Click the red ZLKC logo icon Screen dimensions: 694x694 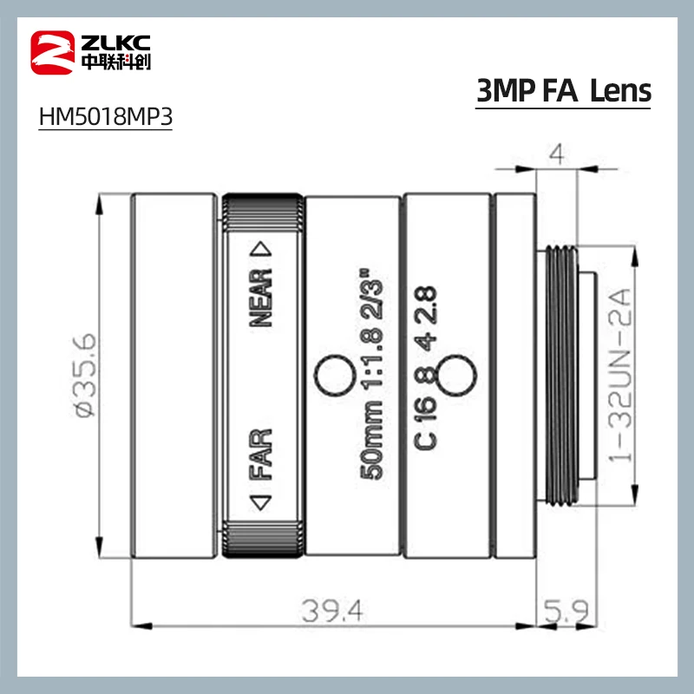tap(51, 50)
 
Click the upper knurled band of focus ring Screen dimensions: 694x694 tap(263, 212)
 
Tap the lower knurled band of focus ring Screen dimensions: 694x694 tap(263, 537)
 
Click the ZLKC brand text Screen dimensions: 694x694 tap(111, 40)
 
